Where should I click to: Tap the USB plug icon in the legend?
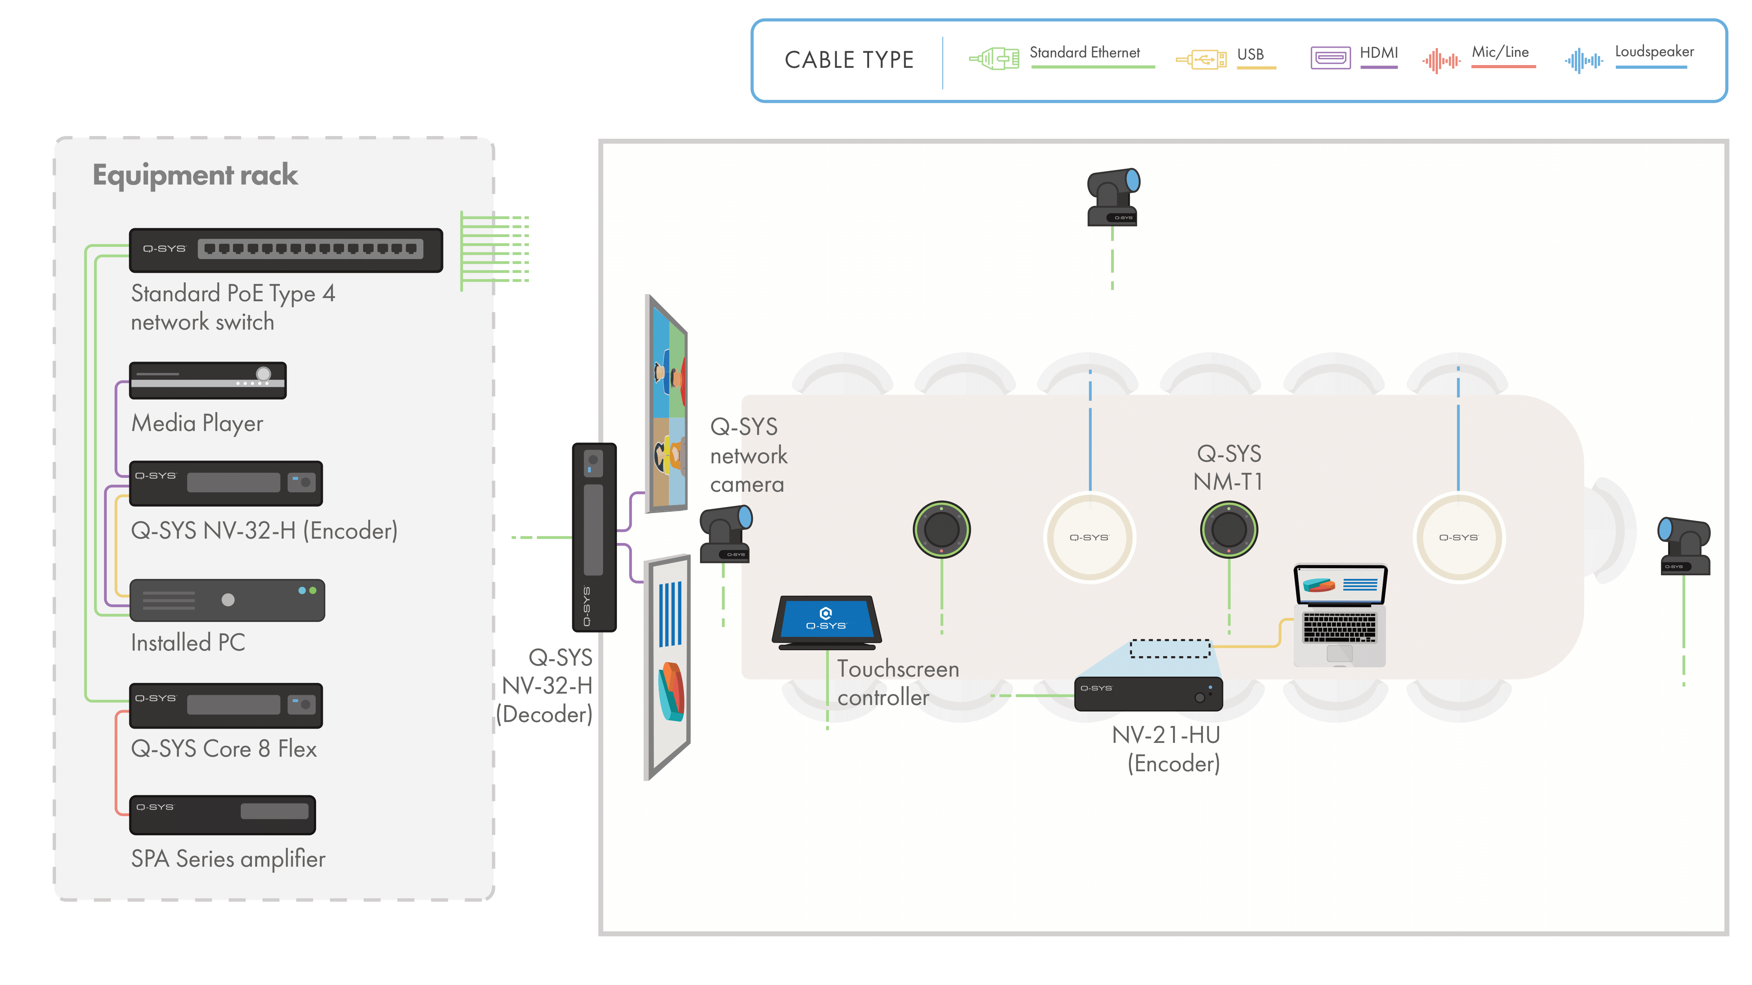point(1201,59)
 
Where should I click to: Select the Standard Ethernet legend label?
point(1084,53)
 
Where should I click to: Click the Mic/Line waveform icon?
point(1441,61)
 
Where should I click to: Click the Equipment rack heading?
point(195,175)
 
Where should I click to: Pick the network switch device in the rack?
point(286,250)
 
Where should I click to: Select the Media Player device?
point(207,380)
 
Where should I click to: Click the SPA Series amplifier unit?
point(222,814)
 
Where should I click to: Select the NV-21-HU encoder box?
point(1148,693)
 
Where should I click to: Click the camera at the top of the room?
point(1113,197)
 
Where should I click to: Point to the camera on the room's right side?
point(1683,546)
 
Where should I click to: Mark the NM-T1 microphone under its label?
point(1228,529)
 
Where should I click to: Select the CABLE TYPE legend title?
point(849,60)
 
